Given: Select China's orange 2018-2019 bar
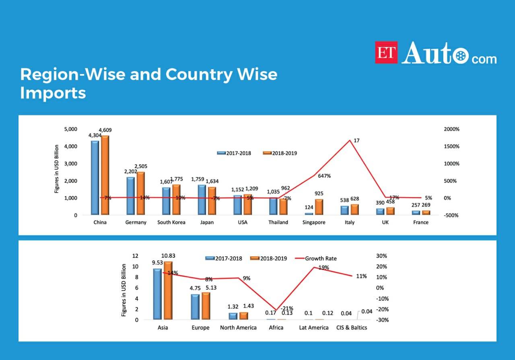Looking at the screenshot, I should click(105, 175).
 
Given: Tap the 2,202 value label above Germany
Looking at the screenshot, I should click(130, 172).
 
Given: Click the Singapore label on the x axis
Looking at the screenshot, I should click(314, 222).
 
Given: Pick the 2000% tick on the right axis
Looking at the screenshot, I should click(451, 129).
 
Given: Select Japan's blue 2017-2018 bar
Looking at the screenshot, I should click(202, 200).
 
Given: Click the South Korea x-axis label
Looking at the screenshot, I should click(171, 222).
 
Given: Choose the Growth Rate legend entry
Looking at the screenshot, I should click(320, 258).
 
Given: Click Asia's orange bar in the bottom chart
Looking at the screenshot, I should click(167, 290).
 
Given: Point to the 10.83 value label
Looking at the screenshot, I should click(168, 255).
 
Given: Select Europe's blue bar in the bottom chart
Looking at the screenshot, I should click(195, 307).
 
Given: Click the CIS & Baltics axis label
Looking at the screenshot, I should click(352, 327).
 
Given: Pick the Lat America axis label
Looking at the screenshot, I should click(314, 327).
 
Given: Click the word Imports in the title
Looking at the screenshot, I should click(53, 93).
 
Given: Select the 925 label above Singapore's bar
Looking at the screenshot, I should click(319, 194).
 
